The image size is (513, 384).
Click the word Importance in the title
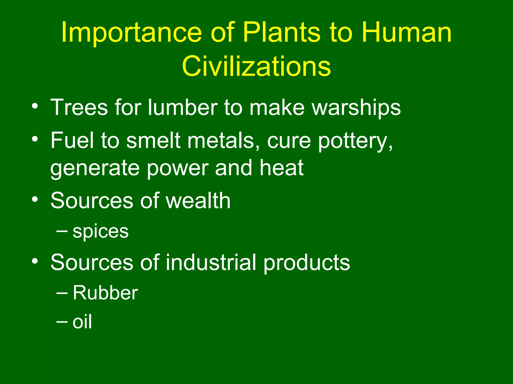tap(131, 32)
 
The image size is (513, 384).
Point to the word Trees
tap(79, 107)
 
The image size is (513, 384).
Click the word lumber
tap(183, 107)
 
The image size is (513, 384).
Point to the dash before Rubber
tap(62, 292)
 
